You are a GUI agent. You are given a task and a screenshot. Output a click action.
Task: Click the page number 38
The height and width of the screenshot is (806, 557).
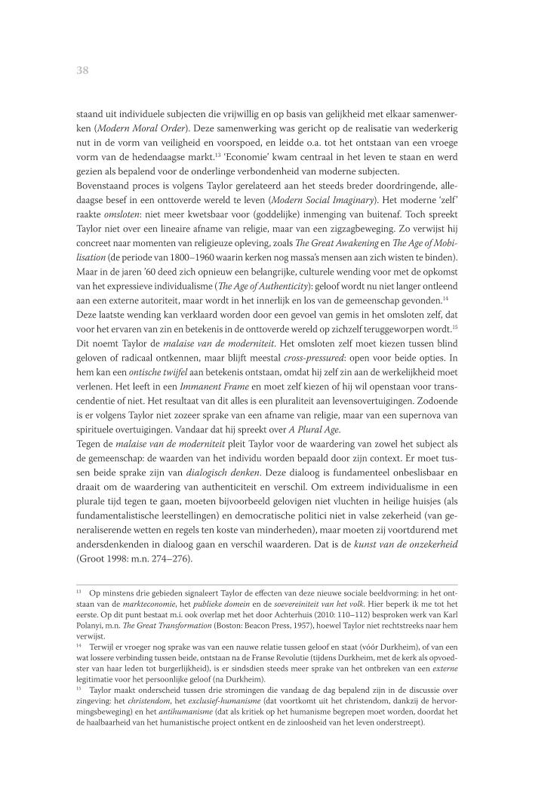point(83,70)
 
